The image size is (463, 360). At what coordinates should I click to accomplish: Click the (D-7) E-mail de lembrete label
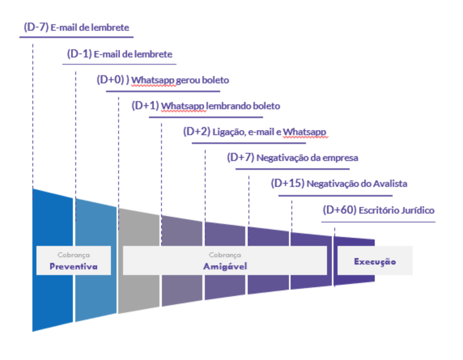pyautogui.click(x=76, y=27)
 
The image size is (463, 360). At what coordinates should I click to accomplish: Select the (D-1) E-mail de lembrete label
pyautogui.click(x=119, y=54)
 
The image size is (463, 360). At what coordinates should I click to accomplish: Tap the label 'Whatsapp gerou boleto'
pyautogui.click(x=180, y=80)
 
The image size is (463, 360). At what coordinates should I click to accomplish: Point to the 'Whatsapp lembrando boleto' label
pyautogui.click(x=221, y=106)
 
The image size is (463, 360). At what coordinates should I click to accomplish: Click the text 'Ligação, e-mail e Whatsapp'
pyautogui.click(x=269, y=132)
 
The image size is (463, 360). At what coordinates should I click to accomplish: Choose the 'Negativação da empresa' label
pyautogui.click(x=308, y=158)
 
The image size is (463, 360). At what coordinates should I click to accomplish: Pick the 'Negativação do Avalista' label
pyautogui.click(x=357, y=184)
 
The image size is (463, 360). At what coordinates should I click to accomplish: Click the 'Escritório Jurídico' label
pyautogui.click(x=397, y=210)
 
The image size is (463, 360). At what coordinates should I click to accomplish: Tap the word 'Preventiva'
pyautogui.click(x=74, y=267)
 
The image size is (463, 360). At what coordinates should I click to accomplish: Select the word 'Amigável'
pyautogui.click(x=225, y=267)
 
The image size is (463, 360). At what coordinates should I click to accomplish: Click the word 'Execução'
pyautogui.click(x=375, y=262)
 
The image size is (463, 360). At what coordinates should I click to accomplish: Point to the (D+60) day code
pyautogui.click(x=340, y=210)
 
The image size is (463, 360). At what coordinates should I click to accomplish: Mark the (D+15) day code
pyautogui.click(x=288, y=184)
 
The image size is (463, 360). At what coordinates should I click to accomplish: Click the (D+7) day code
pyautogui.click(x=241, y=158)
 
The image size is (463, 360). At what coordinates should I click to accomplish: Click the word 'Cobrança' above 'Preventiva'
pyautogui.click(x=74, y=255)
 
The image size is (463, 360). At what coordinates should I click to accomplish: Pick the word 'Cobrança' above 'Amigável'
pyautogui.click(x=225, y=255)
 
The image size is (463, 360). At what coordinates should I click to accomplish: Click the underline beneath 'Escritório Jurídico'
pyautogui.click(x=378, y=222)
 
